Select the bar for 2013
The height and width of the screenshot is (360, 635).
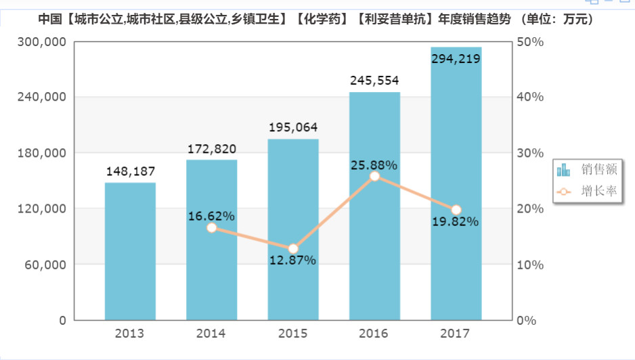130,251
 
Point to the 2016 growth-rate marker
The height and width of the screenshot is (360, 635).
374,177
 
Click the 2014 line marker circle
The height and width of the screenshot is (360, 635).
212,228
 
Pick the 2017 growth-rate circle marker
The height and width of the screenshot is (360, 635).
456,210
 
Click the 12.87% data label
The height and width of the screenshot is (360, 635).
293,261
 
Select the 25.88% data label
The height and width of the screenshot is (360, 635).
374,164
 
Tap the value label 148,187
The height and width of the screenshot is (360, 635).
131,171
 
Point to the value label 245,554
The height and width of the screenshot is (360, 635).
374,81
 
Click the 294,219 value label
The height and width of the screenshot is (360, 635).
456,59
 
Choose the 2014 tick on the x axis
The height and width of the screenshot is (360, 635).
211,334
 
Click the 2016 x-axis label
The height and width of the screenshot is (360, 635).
374,334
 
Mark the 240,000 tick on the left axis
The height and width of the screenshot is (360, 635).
41,97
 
